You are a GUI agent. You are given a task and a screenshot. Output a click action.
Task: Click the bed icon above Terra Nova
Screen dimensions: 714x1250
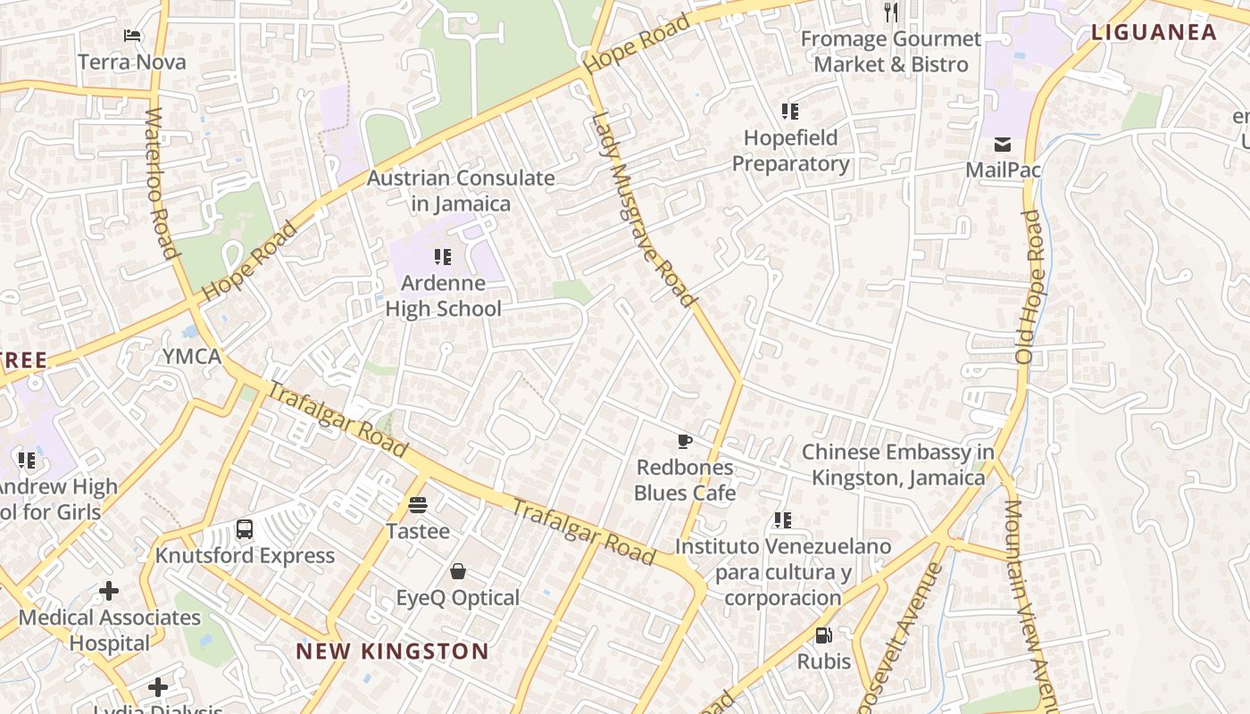coord(132,36)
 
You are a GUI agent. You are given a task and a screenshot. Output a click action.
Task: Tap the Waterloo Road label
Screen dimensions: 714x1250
coord(161,183)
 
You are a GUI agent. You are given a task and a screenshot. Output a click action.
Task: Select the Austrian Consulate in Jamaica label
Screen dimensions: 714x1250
coord(461,191)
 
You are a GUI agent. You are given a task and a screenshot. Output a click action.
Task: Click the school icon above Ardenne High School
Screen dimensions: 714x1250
coord(442,257)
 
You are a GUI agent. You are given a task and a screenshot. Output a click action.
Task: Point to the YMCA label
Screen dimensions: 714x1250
coord(191,357)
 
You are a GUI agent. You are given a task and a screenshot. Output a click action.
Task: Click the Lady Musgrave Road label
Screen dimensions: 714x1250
coord(642,210)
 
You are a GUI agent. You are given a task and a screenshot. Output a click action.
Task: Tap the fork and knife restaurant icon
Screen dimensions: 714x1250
coord(890,12)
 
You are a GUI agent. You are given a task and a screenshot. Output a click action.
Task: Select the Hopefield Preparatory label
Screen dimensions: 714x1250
coord(790,151)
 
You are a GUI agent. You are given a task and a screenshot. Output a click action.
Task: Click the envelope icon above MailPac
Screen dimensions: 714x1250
coord(1003,145)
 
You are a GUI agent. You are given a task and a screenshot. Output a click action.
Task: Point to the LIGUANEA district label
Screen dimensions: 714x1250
coord(1154,33)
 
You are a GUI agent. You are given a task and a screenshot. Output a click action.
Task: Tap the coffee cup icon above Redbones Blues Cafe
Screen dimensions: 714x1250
coord(684,441)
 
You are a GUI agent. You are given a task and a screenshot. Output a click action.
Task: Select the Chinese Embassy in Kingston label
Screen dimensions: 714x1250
coord(897,465)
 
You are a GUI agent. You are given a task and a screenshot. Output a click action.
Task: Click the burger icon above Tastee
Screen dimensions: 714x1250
coord(417,504)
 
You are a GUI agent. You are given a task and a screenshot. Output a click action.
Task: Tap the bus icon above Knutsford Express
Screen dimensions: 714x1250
coord(245,528)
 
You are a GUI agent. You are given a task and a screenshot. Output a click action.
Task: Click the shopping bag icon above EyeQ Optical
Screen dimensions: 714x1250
coord(458,571)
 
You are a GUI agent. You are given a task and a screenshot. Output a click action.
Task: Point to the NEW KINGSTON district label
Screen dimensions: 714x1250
coord(392,652)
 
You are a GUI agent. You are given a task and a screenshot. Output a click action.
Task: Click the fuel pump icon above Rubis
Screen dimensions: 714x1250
coord(824,635)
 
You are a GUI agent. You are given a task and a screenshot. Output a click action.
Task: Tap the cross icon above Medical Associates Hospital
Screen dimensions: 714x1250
coord(109,591)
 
